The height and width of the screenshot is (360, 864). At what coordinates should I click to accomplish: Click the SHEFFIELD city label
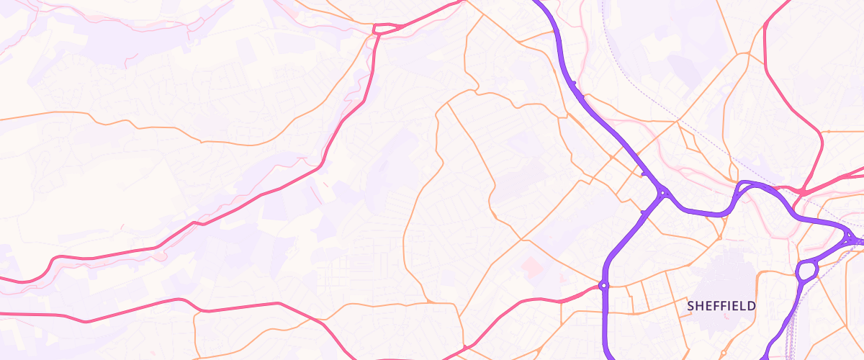click(721, 306)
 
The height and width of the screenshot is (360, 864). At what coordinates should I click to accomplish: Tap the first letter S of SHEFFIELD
click(691, 306)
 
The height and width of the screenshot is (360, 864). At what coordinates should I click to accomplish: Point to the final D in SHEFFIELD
click(752, 306)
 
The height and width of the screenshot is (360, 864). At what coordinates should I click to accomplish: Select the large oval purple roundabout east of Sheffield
click(806, 271)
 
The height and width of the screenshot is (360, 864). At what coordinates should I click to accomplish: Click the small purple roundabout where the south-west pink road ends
click(603, 286)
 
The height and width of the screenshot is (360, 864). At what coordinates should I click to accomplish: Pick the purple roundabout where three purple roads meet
click(662, 193)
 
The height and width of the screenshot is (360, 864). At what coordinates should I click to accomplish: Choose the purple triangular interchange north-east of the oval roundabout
click(853, 239)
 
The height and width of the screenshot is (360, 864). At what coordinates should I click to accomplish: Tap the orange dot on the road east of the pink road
click(827, 132)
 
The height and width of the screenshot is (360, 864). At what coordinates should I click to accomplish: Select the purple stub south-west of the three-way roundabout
click(642, 212)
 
